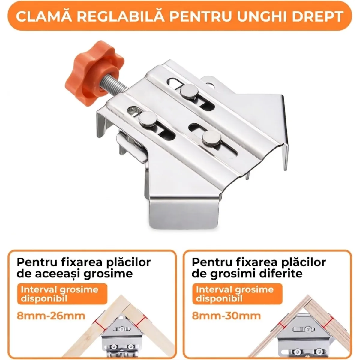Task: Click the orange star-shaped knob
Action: pyautogui.click(x=94, y=73)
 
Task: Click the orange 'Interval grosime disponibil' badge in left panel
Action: pyautogui.click(x=62, y=294)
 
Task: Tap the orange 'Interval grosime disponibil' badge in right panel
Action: pyautogui.click(x=237, y=294)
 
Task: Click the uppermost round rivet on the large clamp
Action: pyautogui.click(x=189, y=91)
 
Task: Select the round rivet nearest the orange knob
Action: pyautogui.click(x=148, y=119)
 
